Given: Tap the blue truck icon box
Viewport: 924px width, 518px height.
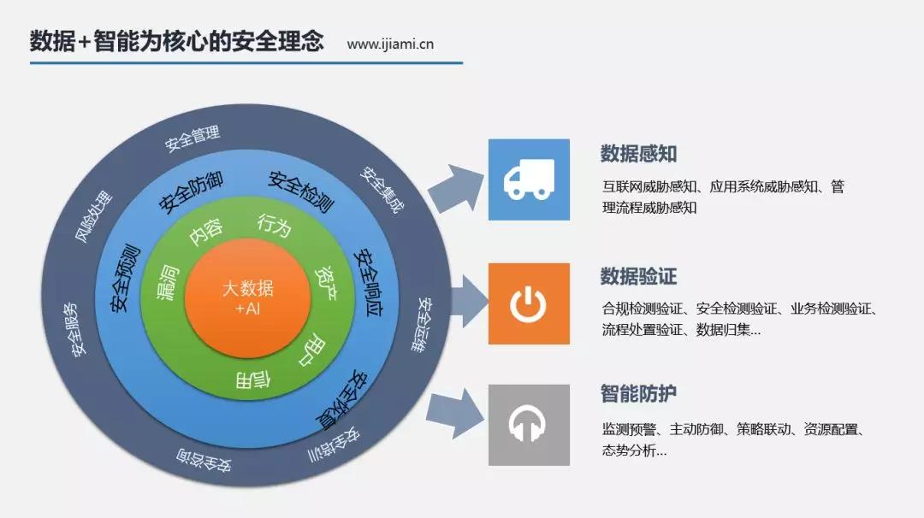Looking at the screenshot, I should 528,180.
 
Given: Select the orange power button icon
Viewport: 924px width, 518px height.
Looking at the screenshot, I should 528,303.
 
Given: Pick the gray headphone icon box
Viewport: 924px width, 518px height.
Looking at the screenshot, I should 528,425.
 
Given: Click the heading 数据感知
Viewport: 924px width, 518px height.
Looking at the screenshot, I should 638,154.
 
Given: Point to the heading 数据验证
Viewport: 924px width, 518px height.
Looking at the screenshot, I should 638,277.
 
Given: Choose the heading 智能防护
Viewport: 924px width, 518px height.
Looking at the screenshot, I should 638,394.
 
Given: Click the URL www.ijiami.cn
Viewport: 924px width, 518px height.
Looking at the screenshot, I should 390,44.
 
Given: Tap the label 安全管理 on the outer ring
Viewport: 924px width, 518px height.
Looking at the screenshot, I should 192,136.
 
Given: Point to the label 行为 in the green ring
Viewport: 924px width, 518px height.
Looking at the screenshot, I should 275,227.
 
